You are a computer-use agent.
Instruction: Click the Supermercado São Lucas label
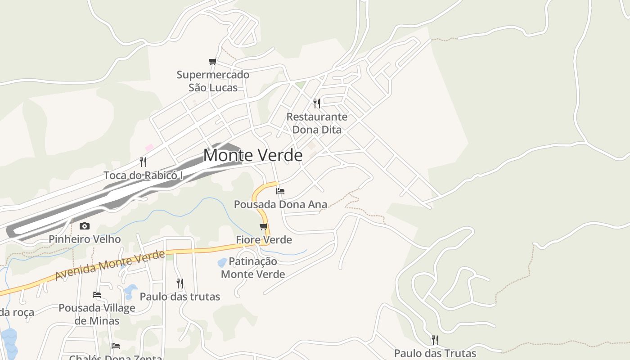213,81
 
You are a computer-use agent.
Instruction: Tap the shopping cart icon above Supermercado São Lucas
212,62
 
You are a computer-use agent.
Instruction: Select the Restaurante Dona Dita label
317,123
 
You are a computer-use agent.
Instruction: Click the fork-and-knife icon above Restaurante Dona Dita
317,103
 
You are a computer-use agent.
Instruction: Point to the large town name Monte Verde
253,155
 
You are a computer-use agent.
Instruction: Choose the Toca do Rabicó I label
143,175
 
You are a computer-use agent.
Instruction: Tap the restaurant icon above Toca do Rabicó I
143,162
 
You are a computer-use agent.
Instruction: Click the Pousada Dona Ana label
280,204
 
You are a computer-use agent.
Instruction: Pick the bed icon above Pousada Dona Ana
280,191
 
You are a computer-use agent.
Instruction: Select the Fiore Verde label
264,240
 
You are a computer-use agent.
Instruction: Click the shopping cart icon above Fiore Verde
264,226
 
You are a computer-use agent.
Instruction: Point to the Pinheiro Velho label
85,239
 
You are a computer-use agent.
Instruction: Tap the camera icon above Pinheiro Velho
85,226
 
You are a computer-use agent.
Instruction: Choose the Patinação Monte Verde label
253,268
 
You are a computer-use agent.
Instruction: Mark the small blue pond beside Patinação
222,262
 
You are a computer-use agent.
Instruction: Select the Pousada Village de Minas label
97,315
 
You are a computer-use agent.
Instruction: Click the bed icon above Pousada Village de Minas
97,295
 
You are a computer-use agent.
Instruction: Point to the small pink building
149,147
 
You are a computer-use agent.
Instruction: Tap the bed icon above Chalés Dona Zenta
116,346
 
